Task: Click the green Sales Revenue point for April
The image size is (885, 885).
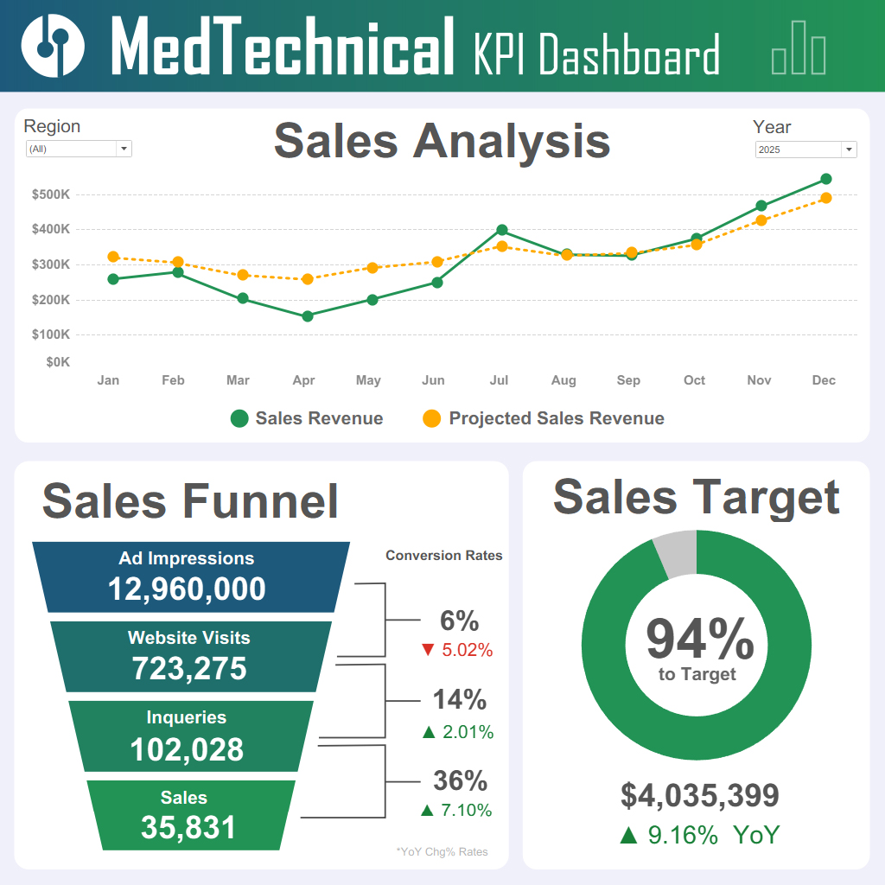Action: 308,316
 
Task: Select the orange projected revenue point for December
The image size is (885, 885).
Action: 825,198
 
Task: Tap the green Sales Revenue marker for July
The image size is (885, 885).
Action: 502,231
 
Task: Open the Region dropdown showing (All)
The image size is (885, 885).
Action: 79,149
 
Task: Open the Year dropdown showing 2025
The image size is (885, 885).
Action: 805,150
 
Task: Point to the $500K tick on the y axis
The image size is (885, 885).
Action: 51,194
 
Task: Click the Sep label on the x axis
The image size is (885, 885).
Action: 628,380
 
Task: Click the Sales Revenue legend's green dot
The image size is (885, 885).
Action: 239,419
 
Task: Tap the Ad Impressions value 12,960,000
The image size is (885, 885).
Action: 187,589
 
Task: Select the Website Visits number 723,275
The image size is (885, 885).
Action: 189,669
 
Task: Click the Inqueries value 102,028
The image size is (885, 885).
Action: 187,749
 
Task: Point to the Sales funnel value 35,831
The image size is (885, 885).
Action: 188,827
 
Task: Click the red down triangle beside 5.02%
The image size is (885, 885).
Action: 427,650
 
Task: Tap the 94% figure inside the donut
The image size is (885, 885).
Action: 699,640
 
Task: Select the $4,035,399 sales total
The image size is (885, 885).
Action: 700,795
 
